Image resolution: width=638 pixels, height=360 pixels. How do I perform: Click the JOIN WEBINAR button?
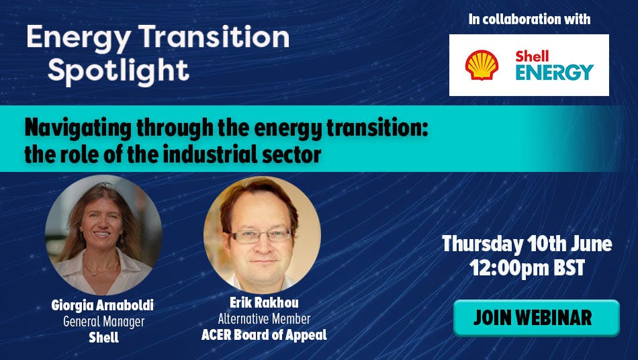tap(537, 318)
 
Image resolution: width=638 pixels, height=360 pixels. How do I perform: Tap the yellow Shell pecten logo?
tap(482, 65)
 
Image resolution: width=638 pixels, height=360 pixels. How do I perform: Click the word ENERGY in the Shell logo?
tap(555, 72)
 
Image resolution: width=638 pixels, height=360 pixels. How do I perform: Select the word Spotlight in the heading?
tap(118, 72)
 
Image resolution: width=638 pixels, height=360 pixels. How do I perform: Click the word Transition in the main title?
tap(214, 37)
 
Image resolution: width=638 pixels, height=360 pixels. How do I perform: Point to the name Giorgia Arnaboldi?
tap(103, 306)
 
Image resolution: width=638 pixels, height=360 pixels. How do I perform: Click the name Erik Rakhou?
tap(264, 303)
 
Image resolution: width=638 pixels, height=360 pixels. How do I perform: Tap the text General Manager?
tap(103, 322)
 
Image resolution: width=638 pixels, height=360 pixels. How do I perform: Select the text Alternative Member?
tap(264, 319)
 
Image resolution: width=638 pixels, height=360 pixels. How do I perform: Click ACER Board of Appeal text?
tap(264, 334)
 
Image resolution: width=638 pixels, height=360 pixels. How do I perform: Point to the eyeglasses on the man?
tap(261, 236)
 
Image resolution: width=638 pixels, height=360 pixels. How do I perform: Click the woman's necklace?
tap(100, 271)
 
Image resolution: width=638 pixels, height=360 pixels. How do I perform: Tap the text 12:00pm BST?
tap(527, 268)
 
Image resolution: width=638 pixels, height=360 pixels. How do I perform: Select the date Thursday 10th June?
tap(527, 244)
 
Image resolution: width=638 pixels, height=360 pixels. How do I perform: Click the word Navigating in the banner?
tap(78, 128)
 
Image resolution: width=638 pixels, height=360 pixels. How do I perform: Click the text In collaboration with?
tap(529, 19)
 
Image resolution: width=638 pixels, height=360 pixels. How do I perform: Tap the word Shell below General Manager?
tap(103, 338)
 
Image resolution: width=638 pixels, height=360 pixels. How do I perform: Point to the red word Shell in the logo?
tap(532, 56)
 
